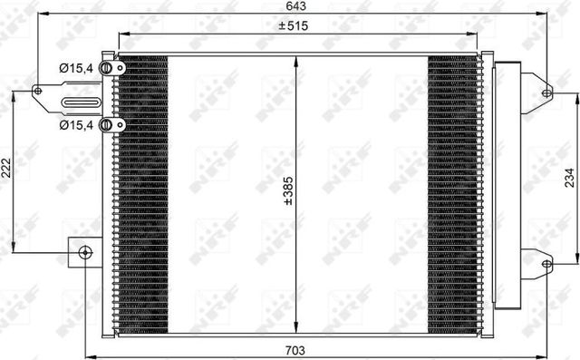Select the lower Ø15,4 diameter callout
point(76,124)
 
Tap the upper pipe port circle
point(106,67)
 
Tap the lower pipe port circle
point(106,125)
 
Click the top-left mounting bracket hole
point(38,91)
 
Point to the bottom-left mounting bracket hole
point(85,252)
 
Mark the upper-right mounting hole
point(546,92)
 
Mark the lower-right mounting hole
point(546,264)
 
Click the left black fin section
point(143,190)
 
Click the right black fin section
point(453,190)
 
